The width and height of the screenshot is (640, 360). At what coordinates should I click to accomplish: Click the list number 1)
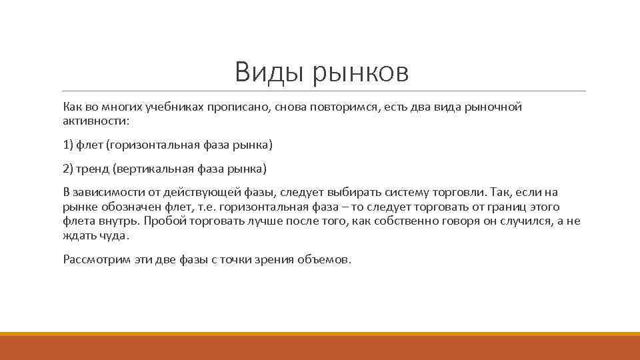(x=69, y=145)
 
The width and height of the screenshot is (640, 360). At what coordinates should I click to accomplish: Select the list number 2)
(x=69, y=167)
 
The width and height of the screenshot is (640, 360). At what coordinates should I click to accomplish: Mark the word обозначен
(x=127, y=206)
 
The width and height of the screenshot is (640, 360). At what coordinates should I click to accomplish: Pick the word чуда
(x=113, y=236)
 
